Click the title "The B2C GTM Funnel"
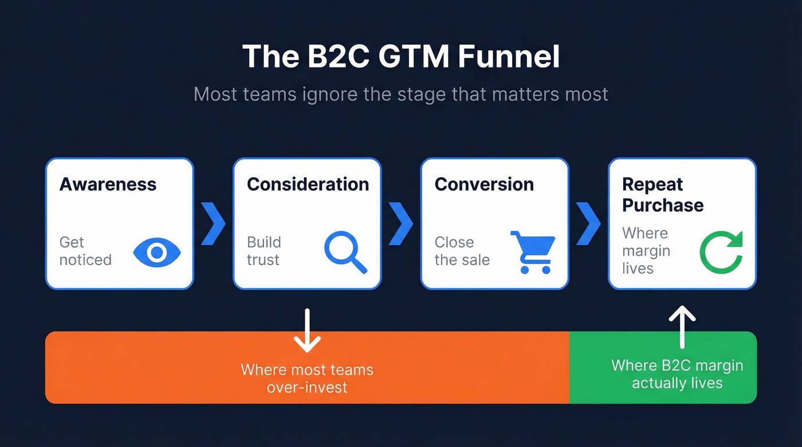[x=401, y=57]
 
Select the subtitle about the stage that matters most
[x=401, y=93]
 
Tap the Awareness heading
[x=108, y=184]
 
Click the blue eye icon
[x=157, y=252]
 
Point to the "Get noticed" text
[x=85, y=251]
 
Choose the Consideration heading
[x=308, y=184]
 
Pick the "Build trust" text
[x=264, y=251]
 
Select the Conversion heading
[x=484, y=184]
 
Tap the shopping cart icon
[x=532, y=252]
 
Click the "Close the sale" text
[x=462, y=251]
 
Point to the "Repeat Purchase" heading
[x=663, y=195]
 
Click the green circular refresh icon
[x=721, y=252]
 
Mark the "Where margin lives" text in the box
[x=646, y=251]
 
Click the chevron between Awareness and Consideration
[x=214, y=223]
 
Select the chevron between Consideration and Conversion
[x=401, y=223]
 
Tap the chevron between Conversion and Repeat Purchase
[x=588, y=223]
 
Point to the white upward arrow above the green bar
[x=682, y=326]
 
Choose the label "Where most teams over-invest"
[x=307, y=378]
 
